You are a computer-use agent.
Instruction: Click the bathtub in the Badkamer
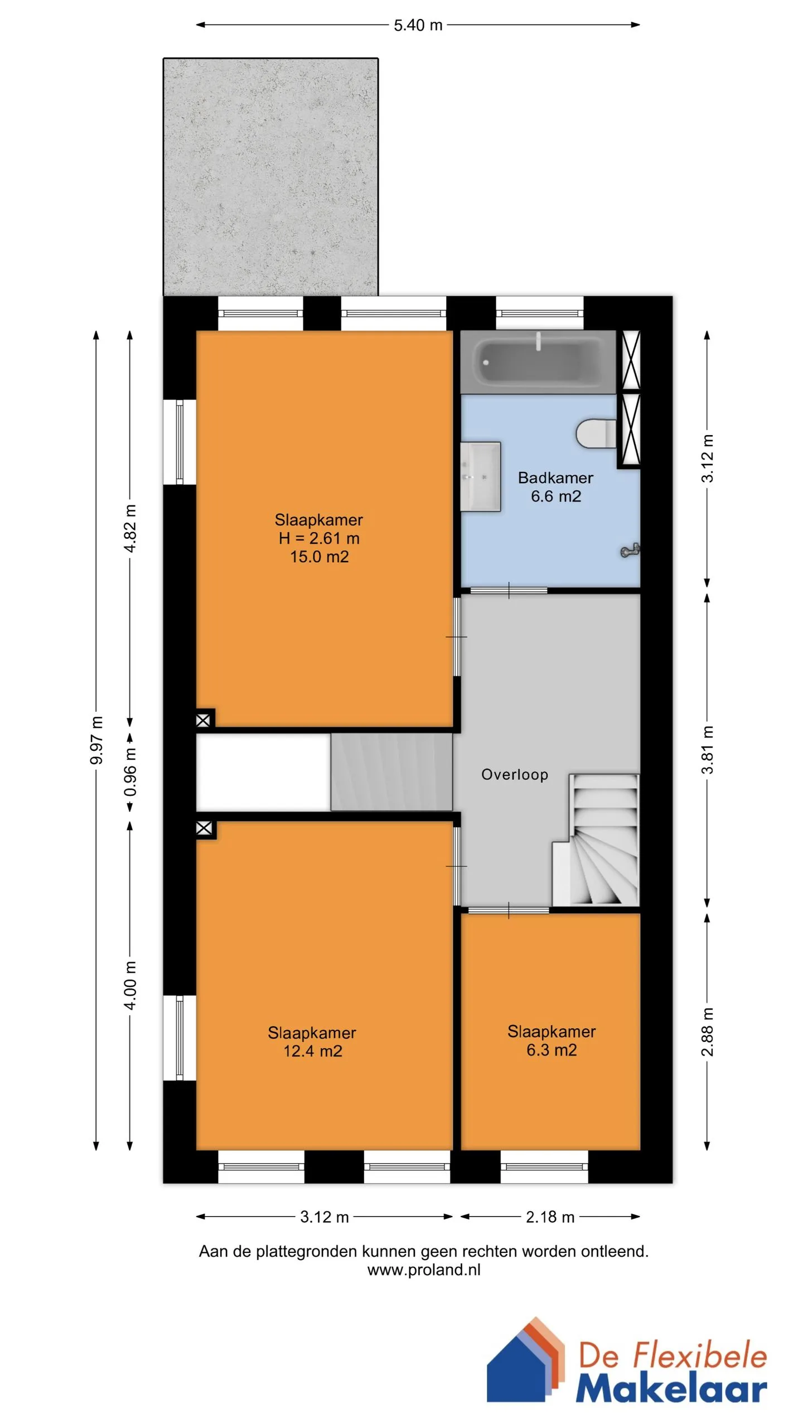click(538, 362)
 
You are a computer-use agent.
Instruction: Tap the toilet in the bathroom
click(596, 433)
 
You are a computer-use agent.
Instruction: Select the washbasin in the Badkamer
click(480, 476)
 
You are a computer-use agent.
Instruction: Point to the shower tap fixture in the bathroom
click(630, 551)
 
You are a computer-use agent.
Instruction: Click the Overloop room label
click(515, 774)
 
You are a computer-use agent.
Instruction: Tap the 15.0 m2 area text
click(319, 557)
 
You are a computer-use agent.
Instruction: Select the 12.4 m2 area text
click(312, 1051)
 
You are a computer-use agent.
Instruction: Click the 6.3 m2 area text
click(552, 1050)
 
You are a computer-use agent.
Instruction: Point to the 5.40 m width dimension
click(418, 25)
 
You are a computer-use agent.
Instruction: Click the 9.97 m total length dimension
click(96, 740)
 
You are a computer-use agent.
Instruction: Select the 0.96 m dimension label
click(130, 773)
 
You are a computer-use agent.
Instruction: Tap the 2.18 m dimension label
click(550, 1217)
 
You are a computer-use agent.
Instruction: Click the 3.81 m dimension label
click(707, 749)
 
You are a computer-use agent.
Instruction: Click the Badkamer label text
click(555, 477)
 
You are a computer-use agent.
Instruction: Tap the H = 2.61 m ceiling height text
click(319, 538)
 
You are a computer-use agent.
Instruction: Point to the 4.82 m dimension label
click(130, 528)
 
